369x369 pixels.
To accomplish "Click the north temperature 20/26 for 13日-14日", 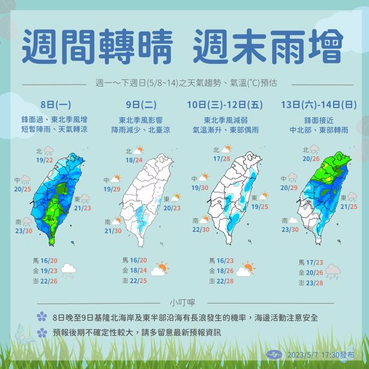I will [311, 160].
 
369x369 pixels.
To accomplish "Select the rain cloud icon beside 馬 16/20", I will [68, 271].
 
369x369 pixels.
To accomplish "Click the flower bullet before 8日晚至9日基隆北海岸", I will [40, 317].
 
